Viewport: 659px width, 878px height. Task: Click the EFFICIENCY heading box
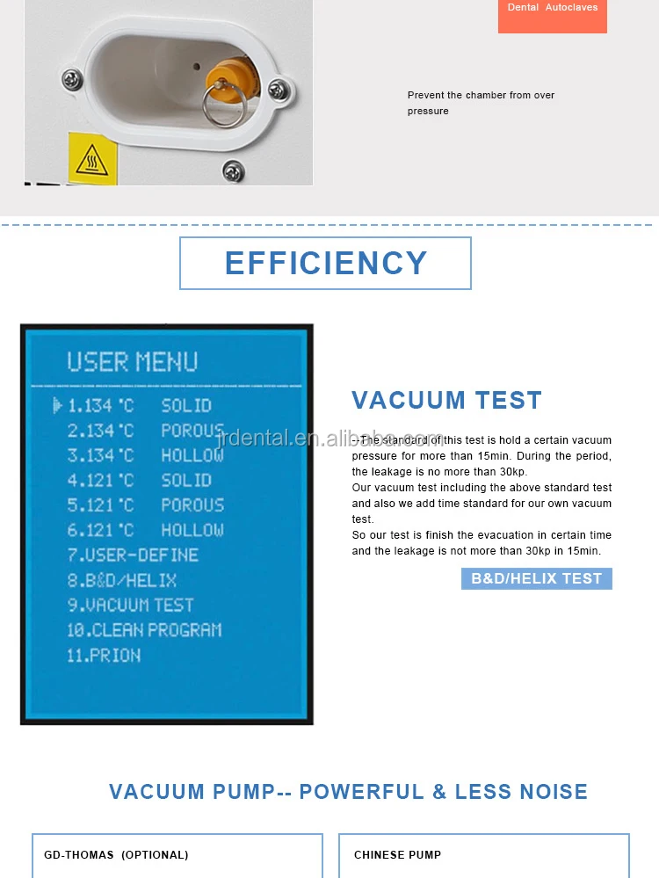click(325, 263)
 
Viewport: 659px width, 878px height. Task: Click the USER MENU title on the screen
click(132, 361)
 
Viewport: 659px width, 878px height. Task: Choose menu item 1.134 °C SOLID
click(140, 405)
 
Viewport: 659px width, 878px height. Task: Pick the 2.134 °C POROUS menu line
click(145, 431)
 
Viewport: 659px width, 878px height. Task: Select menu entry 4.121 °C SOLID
click(140, 480)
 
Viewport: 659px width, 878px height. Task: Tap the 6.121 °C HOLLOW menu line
click(145, 530)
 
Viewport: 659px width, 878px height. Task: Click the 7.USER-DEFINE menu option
click(133, 555)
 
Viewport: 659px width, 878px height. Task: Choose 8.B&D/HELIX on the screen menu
click(122, 580)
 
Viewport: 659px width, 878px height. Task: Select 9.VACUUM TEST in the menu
click(130, 605)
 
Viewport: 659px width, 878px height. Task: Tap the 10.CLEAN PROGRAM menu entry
click(144, 630)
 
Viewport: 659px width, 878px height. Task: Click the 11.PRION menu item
click(104, 655)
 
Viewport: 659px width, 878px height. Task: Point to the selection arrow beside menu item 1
click(58, 405)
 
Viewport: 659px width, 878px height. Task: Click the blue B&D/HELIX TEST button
click(536, 578)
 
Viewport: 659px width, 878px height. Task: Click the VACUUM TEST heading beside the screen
click(446, 401)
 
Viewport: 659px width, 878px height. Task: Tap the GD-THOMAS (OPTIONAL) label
click(116, 854)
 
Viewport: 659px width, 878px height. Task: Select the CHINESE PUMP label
click(397, 854)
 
